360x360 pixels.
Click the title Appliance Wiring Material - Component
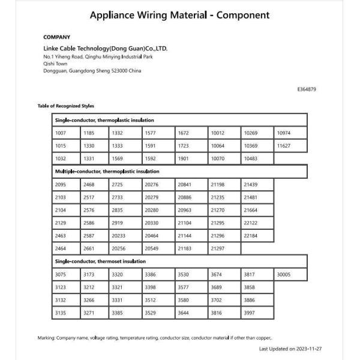click(x=179, y=15)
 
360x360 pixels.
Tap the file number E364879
click(x=306, y=89)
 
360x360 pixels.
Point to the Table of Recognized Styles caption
click(x=66, y=106)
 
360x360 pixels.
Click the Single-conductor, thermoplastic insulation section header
click(x=104, y=120)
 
